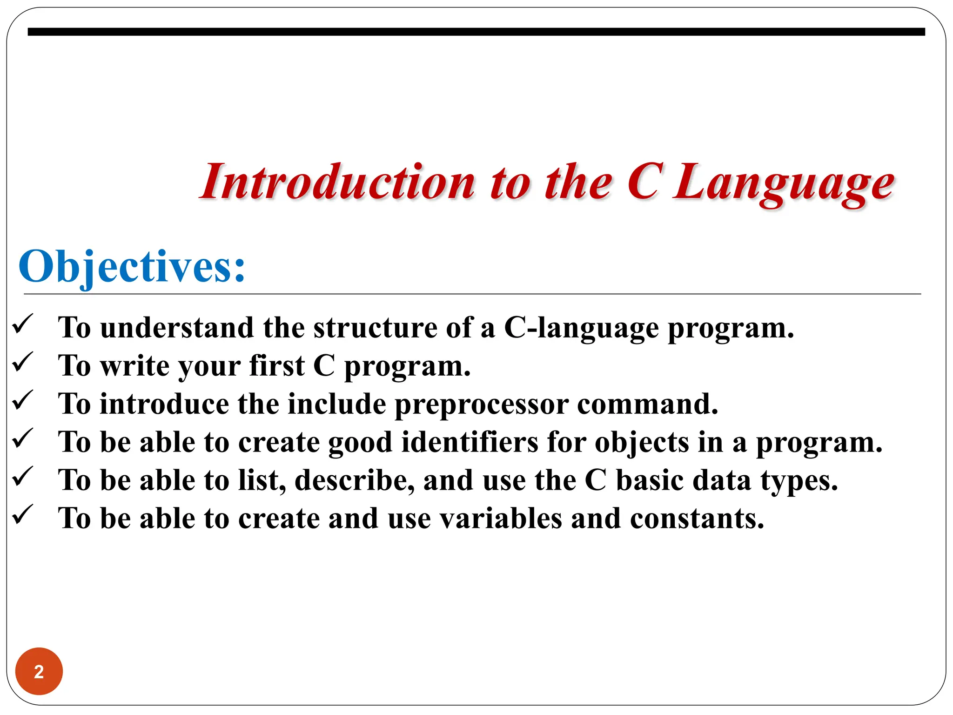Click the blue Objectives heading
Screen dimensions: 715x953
132,267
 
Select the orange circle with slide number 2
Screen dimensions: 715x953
39,671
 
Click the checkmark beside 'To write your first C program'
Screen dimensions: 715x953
23,363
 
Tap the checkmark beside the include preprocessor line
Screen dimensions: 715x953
23,401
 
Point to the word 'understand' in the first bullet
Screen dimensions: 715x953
177,328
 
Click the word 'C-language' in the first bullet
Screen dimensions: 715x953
581,329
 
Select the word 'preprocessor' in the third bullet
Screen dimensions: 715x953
482,405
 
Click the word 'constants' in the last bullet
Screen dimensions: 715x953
696,519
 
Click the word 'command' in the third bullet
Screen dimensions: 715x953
647,404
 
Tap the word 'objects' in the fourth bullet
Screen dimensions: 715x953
642,443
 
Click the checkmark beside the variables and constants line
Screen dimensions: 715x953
23,515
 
